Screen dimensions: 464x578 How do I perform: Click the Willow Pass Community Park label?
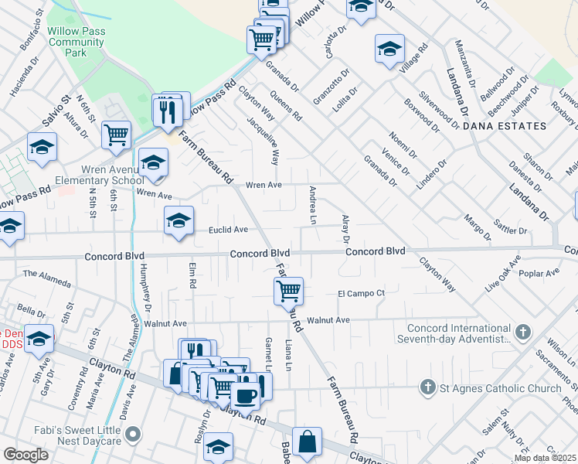click(x=76, y=43)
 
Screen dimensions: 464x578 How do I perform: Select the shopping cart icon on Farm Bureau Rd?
click(x=288, y=291)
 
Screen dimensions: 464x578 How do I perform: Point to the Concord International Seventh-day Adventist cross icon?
click(x=523, y=333)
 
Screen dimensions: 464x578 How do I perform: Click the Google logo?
click(x=25, y=454)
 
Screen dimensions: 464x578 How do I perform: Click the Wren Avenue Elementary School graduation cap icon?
click(x=154, y=162)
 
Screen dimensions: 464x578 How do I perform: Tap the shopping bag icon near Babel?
click(x=308, y=442)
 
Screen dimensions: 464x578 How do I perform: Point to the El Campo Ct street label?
click(x=361, y=293)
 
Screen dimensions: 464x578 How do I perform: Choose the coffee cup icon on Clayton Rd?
click(x=246, y=394)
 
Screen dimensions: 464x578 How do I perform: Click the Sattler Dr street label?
click(x=512, y=230)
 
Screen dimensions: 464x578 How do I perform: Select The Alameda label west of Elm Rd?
click(x=42, y=274)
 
